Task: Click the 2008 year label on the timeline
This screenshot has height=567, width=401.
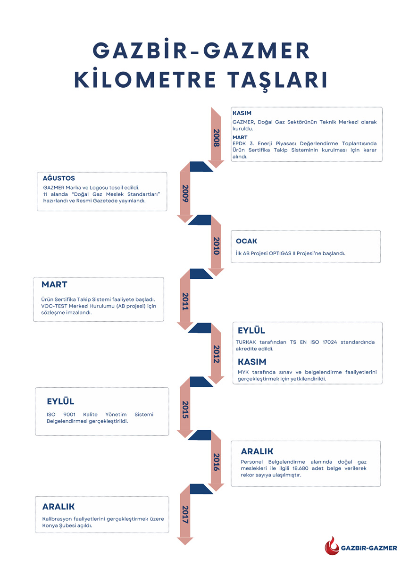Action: pos(216,138)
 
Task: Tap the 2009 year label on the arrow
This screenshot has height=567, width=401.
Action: pos(185,193)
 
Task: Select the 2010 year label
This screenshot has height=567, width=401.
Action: pos(216,246)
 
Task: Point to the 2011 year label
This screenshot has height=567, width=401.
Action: pos(185,301)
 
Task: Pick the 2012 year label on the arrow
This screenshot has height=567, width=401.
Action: pos(216,354)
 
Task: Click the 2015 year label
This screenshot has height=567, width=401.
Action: pos(185,409)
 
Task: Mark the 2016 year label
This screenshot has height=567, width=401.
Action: pos(216,462)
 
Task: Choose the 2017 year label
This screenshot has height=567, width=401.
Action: pos(185,514)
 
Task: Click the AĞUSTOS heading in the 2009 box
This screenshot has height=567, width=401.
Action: pos(59,179)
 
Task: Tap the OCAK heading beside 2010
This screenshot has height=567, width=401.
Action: pos(246,241)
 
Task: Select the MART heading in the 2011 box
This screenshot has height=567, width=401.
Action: pos(54,285)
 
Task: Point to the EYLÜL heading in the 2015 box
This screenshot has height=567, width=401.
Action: pos(60,401)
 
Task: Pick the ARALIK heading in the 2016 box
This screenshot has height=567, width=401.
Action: pos(257,451)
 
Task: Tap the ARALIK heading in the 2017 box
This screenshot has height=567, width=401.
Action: pos(58,507)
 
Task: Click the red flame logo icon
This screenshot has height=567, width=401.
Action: pos(332,547)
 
